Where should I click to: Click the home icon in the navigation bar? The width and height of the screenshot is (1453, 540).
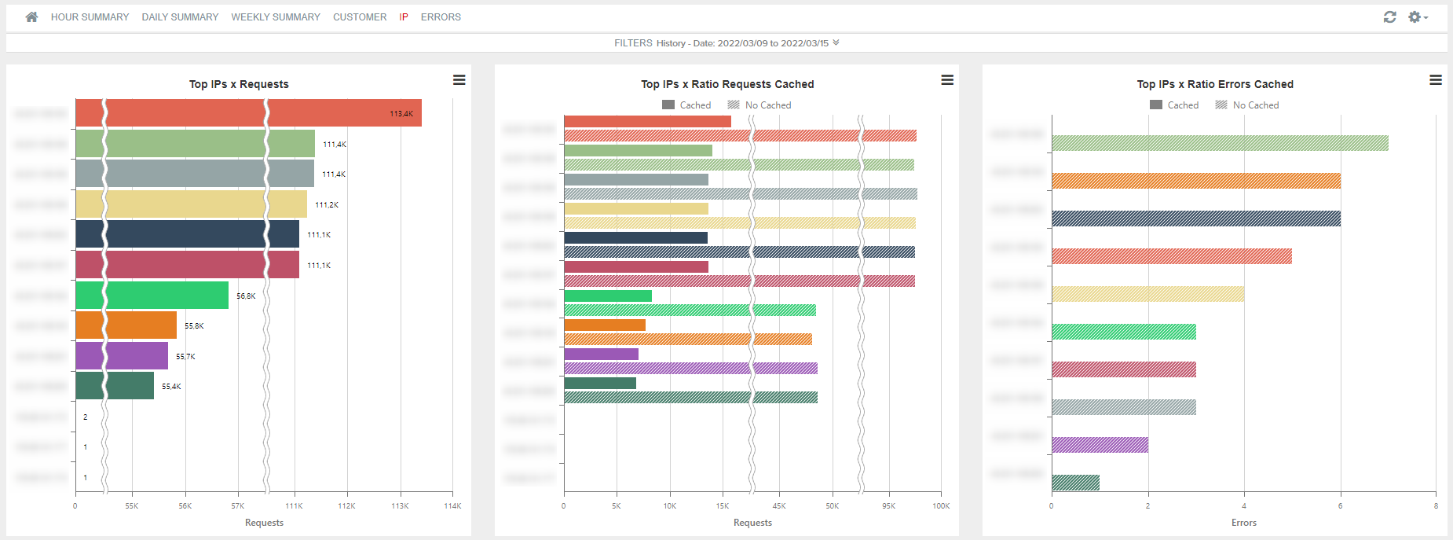click(x=31, y=17)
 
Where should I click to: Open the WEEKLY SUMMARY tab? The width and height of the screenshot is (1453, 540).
click(x=276, y=17)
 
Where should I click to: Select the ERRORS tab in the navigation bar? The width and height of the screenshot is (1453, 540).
click(x=441, y=17)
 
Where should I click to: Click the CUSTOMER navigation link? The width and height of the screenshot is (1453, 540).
click(x=360, y=17)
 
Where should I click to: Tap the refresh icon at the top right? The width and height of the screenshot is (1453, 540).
click(x=1389, y=17)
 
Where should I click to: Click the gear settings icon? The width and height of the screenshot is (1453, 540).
click(x=1415, y=17)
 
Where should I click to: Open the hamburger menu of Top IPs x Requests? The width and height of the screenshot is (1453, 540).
click(x=459, y=80)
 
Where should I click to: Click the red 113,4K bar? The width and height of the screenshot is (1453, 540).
click(x=248, y=113)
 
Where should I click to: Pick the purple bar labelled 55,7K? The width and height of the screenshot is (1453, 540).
click(x=122, y=356)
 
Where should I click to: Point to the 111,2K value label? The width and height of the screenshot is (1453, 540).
click(x=327, y=204)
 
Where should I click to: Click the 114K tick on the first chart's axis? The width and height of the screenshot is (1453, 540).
click(x=452, y=506)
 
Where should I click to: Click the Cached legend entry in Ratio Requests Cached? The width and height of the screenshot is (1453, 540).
click(x=687, y=105)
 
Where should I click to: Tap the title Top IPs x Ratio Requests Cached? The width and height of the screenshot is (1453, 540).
click(x=726, y=84)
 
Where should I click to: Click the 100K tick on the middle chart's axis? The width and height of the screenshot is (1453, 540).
click(x=941, y=506)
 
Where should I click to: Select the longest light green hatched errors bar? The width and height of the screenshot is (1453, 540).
click(x=1220, y=143)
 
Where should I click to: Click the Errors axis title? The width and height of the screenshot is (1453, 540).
click(x=1243, y=523)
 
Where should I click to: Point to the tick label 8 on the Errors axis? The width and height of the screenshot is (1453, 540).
click(x=1436, y=506)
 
